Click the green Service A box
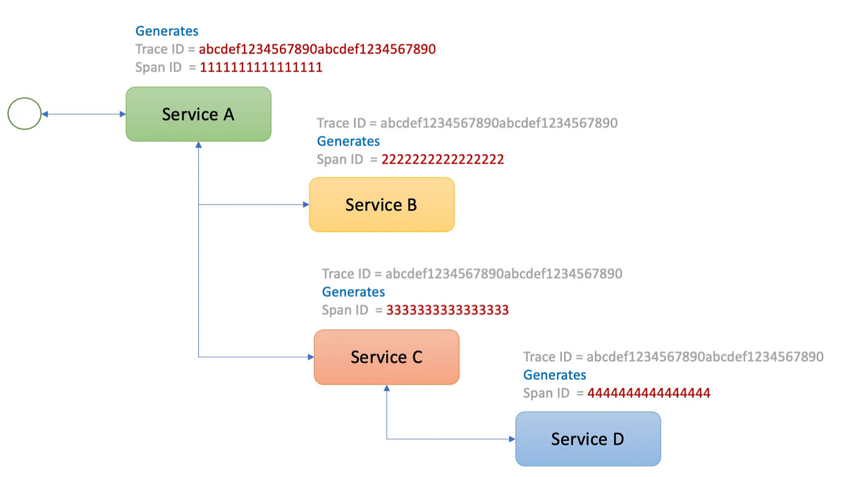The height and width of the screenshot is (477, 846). pyautogui.click(x=198, y=114)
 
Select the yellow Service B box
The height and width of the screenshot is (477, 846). pyautogui.click(x=381, y=204)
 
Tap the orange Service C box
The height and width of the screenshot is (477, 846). pyautogui.click(x=386, y=357)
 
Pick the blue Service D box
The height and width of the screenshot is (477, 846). pyautogui.click(x=588, y=439)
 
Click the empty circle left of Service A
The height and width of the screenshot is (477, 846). pyautogui.click(x=25, y=114)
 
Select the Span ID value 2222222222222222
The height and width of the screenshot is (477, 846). pyautogui.click(x=443, y=159)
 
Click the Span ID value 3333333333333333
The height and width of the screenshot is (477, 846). pyautogui.click(x=448, y=310)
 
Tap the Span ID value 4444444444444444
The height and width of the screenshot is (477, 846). pyautogui.click(x=649, y=393)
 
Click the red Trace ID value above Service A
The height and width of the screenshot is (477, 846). pyautogui.click(x=317, y=49)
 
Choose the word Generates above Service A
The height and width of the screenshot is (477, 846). pyautogui.click(x=167, y=31)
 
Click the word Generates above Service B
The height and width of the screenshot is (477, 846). pyautogui.click(x=348, y=141)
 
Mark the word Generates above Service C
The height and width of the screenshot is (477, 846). pyautogui.click(x=353, y=292)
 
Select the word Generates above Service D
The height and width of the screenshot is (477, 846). pyautogui.click(x=554, y=375)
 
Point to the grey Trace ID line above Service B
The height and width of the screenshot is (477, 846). pyautogui.click(x=467, y=123)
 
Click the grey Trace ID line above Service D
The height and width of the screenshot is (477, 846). pyautogui.click(x=673, y=357)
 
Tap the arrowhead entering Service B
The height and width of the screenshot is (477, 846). pyautogui.click(x=306, y=205)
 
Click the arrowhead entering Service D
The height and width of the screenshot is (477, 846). pyautogui.click(x=512, y=440)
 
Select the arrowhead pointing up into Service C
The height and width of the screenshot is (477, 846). pyautogui.click(x=386, y=388)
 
